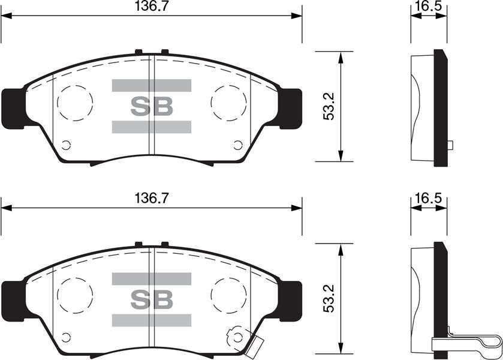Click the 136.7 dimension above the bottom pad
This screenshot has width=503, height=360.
[150, 198]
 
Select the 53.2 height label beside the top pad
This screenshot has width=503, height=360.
[329, 107]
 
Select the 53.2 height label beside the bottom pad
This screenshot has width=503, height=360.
[329, 299]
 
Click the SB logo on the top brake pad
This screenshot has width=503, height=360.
[151, 106]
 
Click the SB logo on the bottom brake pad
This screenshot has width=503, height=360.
[151, 298]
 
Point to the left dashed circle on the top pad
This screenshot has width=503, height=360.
[74, 101]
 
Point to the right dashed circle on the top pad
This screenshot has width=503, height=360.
[229, 101]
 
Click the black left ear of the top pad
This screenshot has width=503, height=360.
[13, 108]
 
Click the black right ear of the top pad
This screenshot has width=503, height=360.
[291, 108]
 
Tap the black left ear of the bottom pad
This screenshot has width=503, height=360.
[13, 300]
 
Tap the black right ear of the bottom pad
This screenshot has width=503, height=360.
[291, 300]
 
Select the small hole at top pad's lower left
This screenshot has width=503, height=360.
[66, 145]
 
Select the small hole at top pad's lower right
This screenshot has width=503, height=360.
[238, 145]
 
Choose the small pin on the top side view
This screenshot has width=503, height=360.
[450, 144]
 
